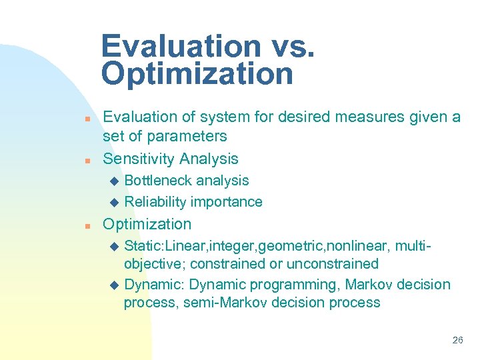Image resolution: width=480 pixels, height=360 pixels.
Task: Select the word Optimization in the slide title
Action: (x=197, y=74)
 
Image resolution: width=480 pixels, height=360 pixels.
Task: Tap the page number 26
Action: (x=457, y=340)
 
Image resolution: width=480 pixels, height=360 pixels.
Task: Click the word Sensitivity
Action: (x=136, y=159)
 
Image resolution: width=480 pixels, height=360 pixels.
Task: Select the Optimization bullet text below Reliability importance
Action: (x=147, y=224)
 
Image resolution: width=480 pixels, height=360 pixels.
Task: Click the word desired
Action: (x=291, y=117)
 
